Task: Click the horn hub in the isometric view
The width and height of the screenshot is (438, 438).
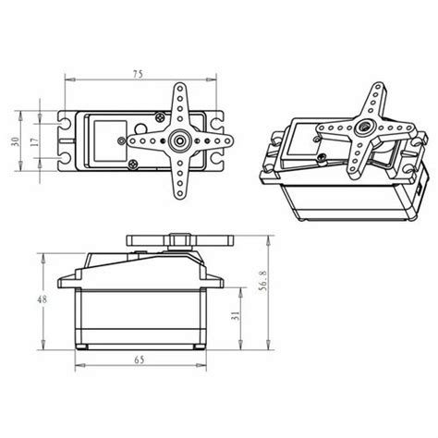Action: click(367, 126)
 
